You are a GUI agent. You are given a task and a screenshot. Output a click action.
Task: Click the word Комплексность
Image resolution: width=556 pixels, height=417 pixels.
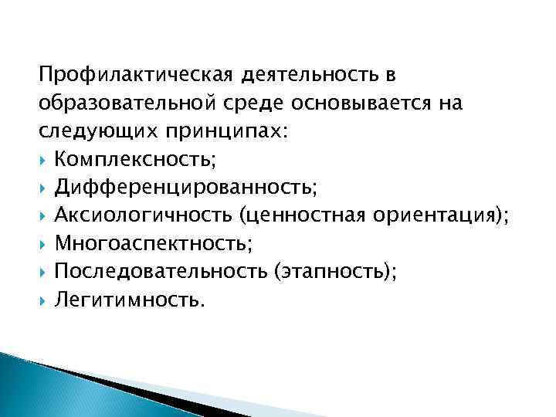pos(129,159)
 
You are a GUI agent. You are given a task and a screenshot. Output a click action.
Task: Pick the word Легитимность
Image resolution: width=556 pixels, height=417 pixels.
pos(127,299)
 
